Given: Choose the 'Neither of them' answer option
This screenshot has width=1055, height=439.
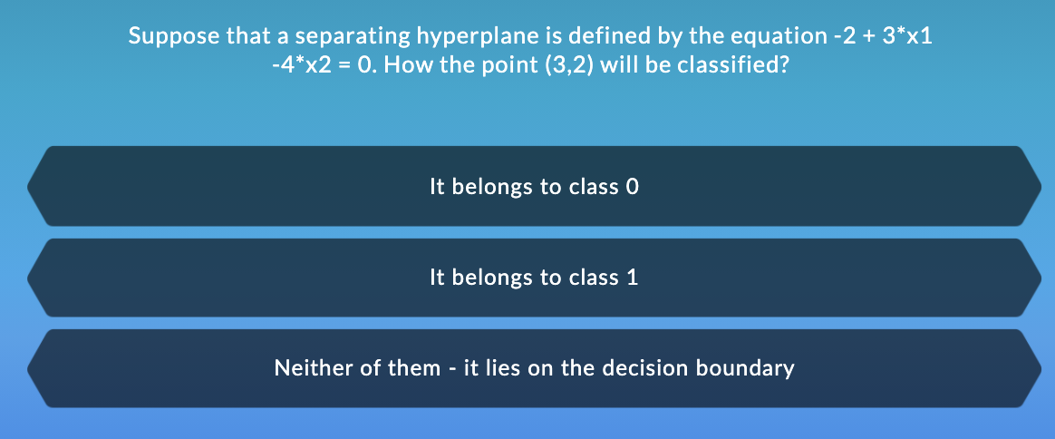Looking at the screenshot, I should (535, 368).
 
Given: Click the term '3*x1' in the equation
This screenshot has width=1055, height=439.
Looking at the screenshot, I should (907, 37).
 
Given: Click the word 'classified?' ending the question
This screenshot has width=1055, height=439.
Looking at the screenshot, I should (736, 67).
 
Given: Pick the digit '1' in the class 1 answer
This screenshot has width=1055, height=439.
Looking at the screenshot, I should (633, 278).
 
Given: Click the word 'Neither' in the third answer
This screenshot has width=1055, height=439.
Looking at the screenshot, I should (307, 368).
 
